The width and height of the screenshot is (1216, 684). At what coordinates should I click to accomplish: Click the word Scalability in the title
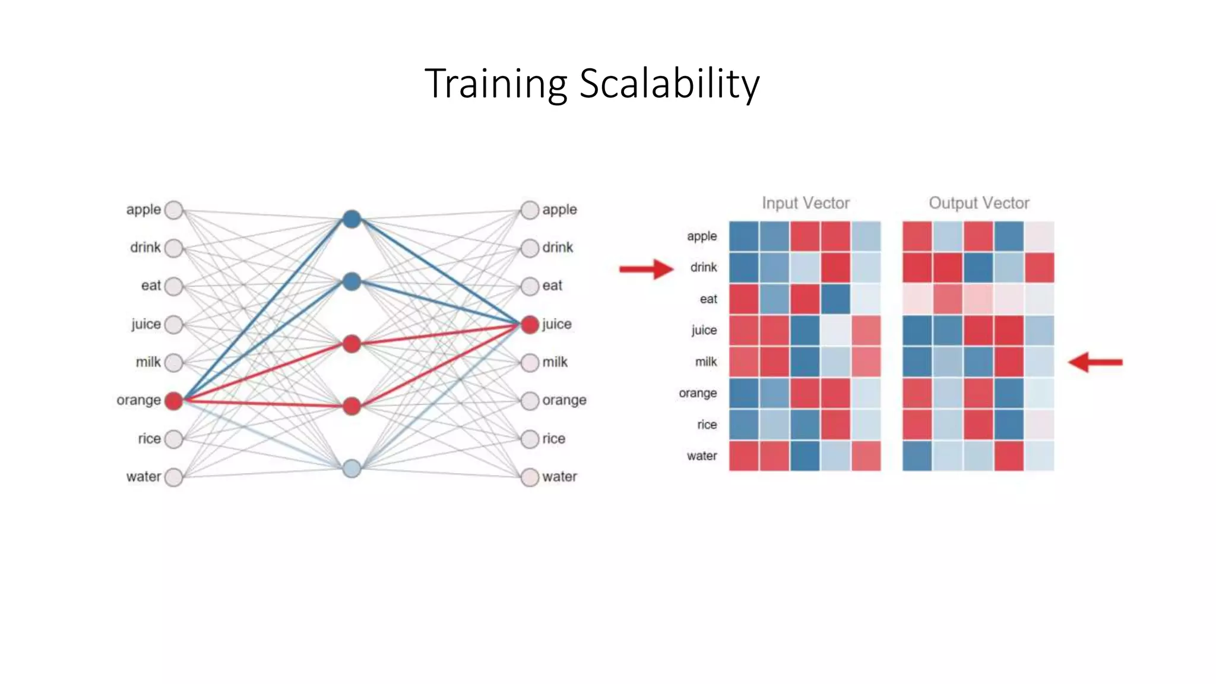click(x=669, y=84)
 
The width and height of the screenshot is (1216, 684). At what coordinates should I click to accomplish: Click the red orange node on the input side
click(x=173, y=401)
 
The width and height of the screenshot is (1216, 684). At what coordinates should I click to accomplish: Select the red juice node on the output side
click(x=530, y=324)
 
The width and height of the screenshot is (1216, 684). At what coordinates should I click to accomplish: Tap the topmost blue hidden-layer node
click(x=351, y=219)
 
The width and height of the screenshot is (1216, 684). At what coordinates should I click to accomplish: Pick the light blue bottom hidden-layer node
click(x=351, y=468)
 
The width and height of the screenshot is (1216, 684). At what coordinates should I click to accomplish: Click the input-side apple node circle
click(x=173, y=210)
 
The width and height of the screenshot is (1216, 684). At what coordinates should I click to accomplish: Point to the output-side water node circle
click(x=530, y=477)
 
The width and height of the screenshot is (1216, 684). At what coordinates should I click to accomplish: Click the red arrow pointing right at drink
click(x=645, y=269)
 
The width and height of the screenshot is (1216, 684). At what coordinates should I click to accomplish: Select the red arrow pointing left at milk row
click(x=1095, y=362)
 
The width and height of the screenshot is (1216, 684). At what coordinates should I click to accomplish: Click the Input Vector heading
click(x=806, y=203)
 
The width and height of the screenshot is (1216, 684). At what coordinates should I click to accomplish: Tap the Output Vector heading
click(x=978, y=203)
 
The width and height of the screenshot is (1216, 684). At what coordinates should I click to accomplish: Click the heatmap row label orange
click(x=698, y=393)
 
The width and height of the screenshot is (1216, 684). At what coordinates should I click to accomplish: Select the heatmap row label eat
click(x=708, y=299)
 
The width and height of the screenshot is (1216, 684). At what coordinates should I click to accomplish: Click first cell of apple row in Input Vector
click(x=744, y=236)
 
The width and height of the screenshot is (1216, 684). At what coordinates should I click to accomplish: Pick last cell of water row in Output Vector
click(x=1039, y=456)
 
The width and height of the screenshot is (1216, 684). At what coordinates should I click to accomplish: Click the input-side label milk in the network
click(x=148, y=362)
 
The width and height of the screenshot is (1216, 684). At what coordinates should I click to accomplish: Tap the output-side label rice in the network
click(x=553, y=439)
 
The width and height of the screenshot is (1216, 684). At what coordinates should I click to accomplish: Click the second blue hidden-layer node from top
click(x=351, y=281)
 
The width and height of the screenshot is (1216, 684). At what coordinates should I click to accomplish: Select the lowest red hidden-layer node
click(x=351, y=406)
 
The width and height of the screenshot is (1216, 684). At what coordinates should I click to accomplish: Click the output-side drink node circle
click(x=530, y=248)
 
